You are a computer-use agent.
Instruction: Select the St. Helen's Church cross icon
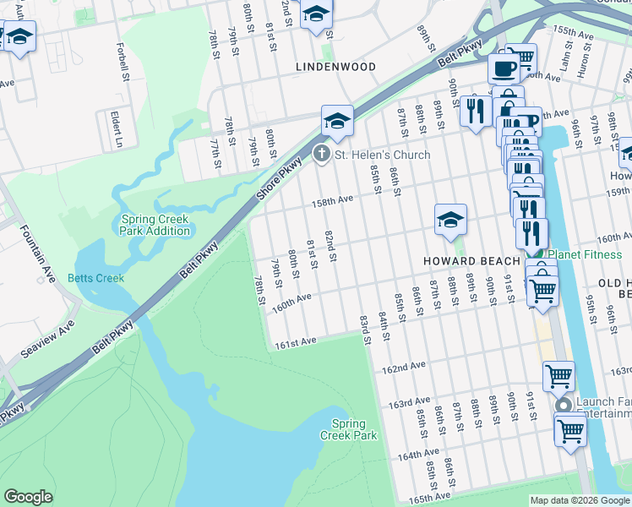pyautogui.click(x=321, y=155)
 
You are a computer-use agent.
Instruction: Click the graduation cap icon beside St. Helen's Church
pyautogui.click(x=336, y=122)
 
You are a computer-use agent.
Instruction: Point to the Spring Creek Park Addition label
pyautogui.click(x=155, y=225)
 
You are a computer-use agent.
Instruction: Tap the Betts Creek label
pyautogui.click(x=96, y=278)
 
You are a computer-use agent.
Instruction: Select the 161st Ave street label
pyautogui.click(x=294, y=341)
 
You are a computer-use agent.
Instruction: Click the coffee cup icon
pyautogui.click(x=504, y=68)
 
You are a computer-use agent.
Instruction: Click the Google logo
pyautogui.click(x=28, y=497)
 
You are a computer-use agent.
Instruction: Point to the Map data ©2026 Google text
pyautogui.click(x=579, y=500)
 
